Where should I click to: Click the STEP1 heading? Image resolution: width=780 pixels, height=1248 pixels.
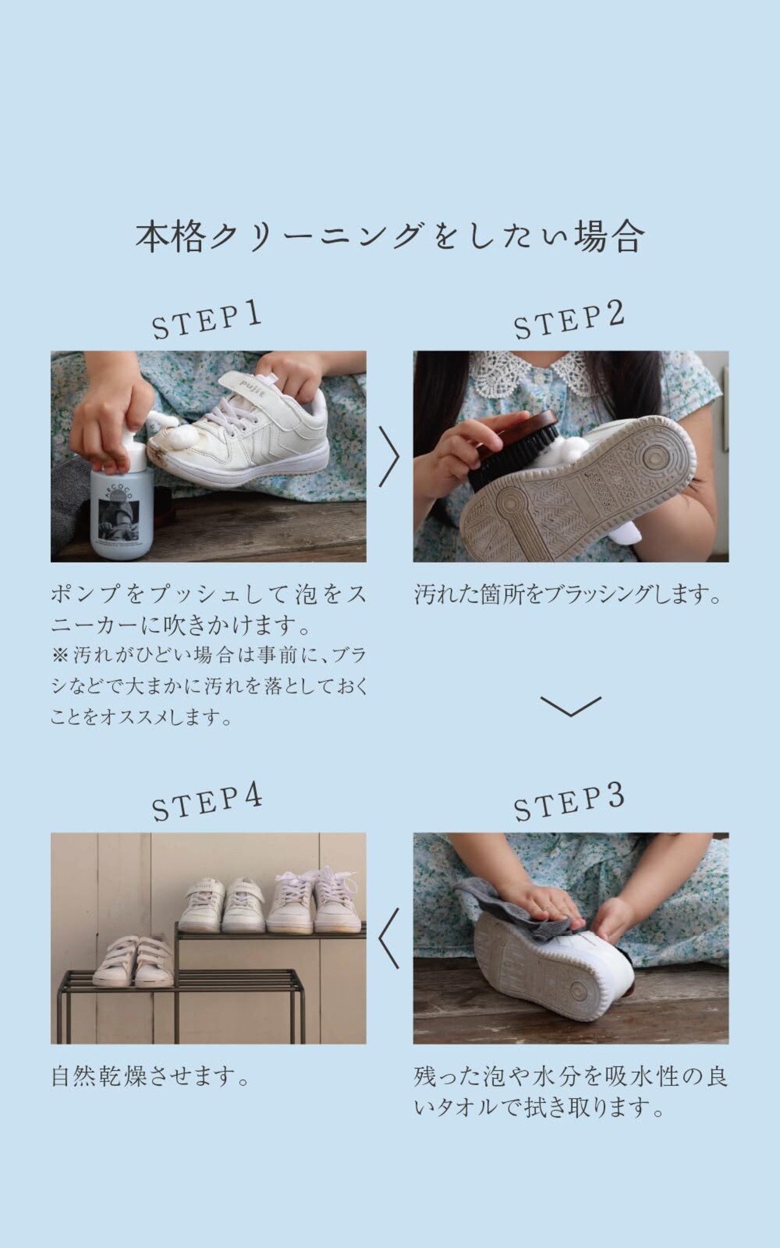coord(207,321)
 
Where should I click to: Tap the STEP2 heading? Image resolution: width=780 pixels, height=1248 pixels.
coord(569,321)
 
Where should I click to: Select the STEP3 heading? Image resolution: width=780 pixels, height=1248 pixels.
coord(569,803)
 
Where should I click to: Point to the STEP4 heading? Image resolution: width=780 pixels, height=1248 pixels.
coord(207,803)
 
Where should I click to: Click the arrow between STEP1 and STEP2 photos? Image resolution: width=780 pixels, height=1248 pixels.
coord(389,456)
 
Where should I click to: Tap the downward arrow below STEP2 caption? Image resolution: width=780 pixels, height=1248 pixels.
coord(570,706)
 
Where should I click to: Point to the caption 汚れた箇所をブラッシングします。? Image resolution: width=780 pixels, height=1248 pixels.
coord(568,595)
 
